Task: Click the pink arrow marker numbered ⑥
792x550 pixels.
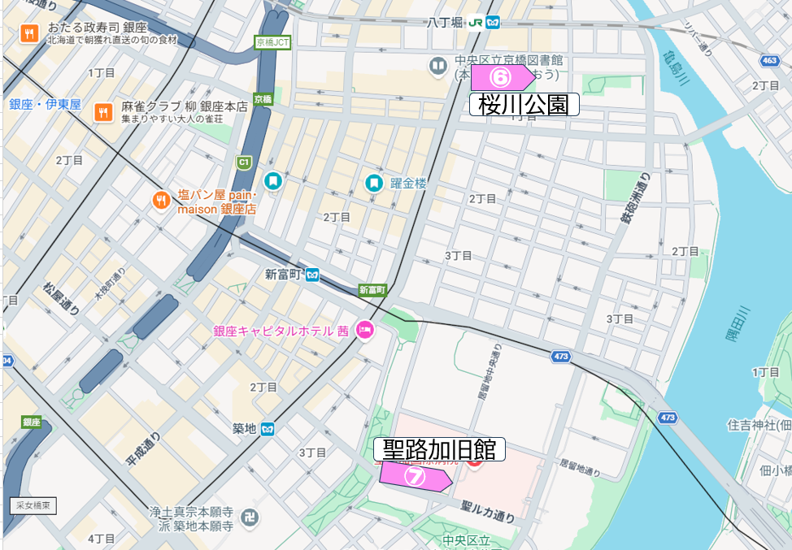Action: coord(502,78)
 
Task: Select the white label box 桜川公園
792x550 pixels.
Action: coord(524,104)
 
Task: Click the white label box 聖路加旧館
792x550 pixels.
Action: coord(439,449)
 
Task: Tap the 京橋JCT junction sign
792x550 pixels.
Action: coord(272,42)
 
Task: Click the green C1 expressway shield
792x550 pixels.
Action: coord(243,162)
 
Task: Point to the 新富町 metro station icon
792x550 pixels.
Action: coord(313,275)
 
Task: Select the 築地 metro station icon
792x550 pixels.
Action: coord(268,428)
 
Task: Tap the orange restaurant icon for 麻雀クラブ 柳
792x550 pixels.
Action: coord(102,112)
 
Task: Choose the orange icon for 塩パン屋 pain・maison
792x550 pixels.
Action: coord(161,200)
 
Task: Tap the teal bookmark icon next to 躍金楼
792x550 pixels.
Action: coord(373,183)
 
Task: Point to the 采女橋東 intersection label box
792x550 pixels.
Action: coord(33,505)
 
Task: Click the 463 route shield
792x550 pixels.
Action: coord(769,60)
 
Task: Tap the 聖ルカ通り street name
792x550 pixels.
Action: coord(488,510)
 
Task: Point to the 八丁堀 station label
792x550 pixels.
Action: coord(445,23)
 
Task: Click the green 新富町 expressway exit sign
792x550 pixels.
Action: coord(372,289)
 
